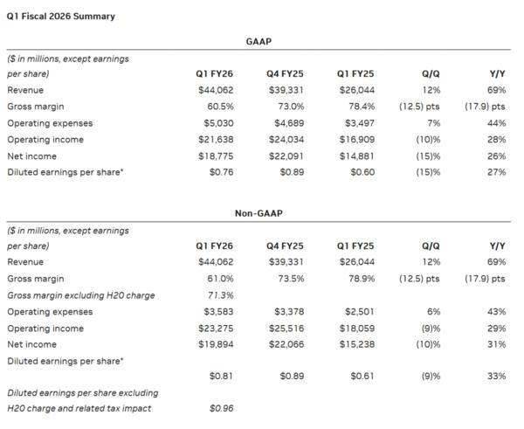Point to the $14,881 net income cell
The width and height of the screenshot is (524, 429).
click(x=355, y=156)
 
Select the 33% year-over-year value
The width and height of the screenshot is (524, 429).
click(x=497, y=376)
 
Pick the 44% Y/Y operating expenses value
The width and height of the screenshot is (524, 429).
click(x=497, y=123)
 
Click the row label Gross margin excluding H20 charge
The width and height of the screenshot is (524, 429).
click(x=80, y=295)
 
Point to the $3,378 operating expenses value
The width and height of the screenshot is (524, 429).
click(x=287, y=312)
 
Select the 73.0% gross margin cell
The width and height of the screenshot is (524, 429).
click(x=289, y=107)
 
